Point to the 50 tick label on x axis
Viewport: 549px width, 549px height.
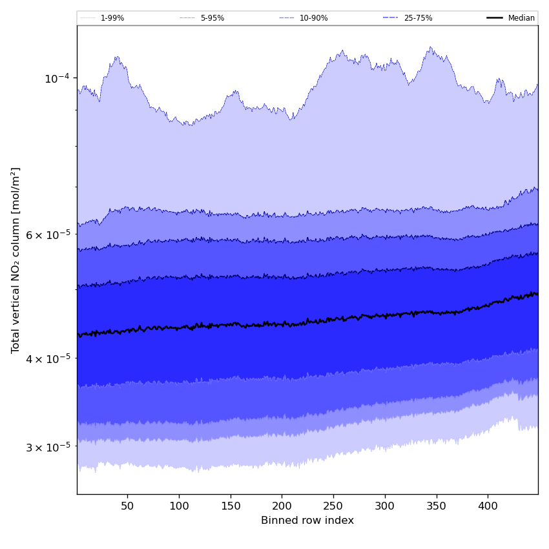coord(127,506)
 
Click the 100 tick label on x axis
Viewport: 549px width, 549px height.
coord(179,506)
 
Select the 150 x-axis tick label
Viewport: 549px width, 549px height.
coord(231,506)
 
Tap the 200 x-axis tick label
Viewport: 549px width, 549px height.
coord(282,506)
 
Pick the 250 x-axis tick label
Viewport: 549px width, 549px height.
coord(333,506)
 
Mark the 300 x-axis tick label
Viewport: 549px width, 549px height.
coord(385,506)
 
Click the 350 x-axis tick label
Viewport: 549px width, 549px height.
coord(437,506)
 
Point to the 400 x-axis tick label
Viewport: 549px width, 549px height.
coord(488,506)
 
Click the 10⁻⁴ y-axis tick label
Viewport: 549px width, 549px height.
coord(57,78)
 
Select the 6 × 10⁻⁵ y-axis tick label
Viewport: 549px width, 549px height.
coord(48,234)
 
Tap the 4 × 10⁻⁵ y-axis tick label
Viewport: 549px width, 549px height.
coord(48,358)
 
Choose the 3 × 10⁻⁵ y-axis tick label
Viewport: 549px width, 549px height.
coord(48,447)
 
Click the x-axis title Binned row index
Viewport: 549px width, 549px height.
coord(307,521)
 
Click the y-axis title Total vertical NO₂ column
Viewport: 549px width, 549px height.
coord(16,260)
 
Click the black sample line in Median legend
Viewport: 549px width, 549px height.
coord(495,18)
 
